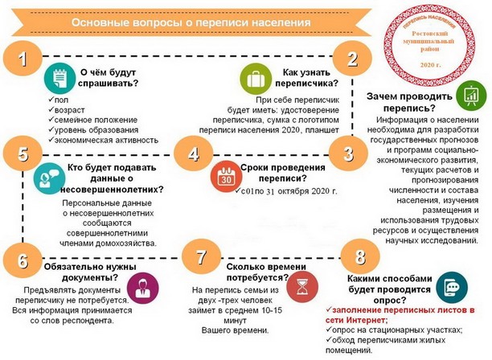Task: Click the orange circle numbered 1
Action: [x=23, y=58]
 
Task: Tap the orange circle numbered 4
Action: [x=193, y=153]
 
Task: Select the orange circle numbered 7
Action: [x=202, y=256]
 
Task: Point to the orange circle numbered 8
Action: [x=360, y=256]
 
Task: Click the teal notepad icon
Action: [x=60, y=78]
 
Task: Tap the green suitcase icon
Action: [x=256, y=79]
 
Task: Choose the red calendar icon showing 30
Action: [x=226, y=176]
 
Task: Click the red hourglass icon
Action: [x=302, y=287]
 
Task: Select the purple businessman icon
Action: [x=143, y=288]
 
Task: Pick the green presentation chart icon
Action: [x=471, y=95]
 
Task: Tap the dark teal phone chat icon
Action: [x=452, y=288]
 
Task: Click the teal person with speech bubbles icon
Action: [x=49, y=178]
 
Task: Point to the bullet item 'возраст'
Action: [x=69, y=110]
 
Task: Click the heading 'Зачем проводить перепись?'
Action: [x=409, y=102]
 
